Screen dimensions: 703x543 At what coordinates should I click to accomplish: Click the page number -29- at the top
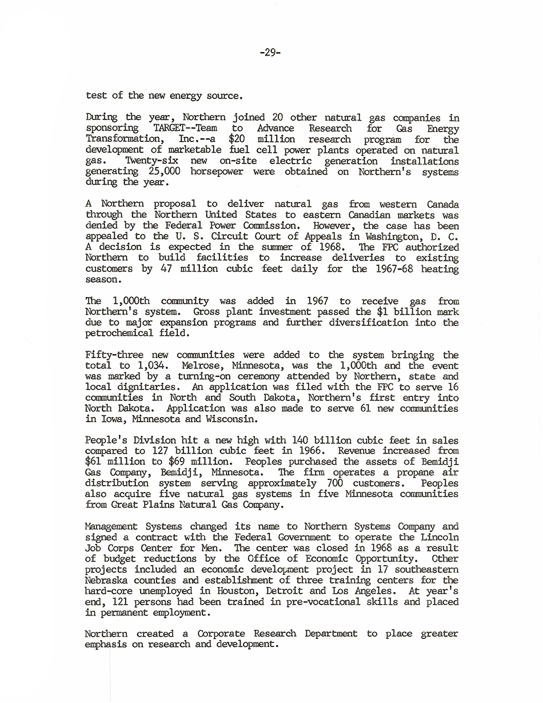click(270, 53)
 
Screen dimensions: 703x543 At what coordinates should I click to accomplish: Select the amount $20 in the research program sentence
click(237, 139)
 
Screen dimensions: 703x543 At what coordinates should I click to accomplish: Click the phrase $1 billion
click(392, 312)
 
